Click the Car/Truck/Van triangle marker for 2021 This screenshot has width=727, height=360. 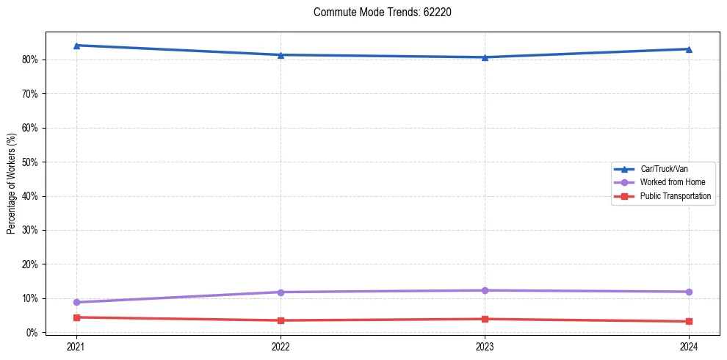click(76, 46)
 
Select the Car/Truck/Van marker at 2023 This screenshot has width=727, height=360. click(485, 57)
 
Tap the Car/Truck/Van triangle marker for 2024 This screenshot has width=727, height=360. click(689, 49)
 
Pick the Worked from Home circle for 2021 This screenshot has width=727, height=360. click(76, 302)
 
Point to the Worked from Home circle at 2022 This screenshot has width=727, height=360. click(281, 292)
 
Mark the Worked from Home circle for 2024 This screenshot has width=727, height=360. click(689, 292)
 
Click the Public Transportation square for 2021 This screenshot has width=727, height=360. click(76, 317)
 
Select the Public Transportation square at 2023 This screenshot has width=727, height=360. click(485, 319)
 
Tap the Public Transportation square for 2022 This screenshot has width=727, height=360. click(281, 320)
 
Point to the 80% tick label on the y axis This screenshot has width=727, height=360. click(31, 60)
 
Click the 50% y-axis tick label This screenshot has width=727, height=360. click(31, 162)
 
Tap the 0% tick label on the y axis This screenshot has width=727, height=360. click(33, 332)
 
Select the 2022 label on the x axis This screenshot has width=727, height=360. click(281, 346)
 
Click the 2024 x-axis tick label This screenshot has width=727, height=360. click(689, 346)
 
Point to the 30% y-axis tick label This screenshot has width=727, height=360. click(31, 230)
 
